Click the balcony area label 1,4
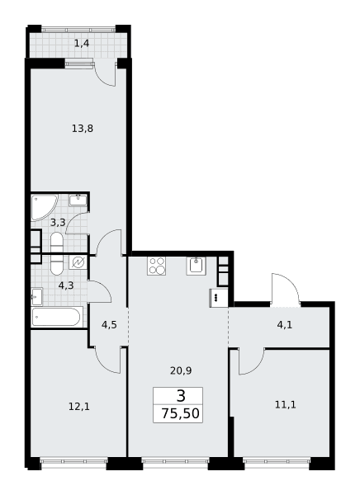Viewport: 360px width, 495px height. [82, 43]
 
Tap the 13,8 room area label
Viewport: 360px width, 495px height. [83, 129]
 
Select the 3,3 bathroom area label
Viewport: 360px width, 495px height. [58, 223]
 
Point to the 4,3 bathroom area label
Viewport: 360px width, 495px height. [66, 285]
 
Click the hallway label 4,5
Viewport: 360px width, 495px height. [109, 325]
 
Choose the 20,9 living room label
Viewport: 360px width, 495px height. [181, 370]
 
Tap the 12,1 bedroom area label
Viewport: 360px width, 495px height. [79, 407]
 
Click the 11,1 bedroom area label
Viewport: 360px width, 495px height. [286, 404]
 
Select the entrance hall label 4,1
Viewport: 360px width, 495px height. [285, 325]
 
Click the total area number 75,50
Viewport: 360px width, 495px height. [181, 413]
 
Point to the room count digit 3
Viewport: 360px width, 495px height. [181, 396]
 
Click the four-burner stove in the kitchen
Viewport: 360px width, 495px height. [156, 266]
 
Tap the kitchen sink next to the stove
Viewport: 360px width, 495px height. [196, 266]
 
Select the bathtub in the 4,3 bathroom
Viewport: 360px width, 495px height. [57, 317]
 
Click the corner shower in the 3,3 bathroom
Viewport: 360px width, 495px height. [45, 207]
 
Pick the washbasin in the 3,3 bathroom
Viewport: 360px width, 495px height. [78, 200]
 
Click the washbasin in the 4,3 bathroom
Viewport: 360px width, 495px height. [37, 297]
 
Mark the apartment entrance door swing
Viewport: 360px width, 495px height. [285, 289]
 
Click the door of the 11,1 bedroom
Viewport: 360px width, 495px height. [252, 362]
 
